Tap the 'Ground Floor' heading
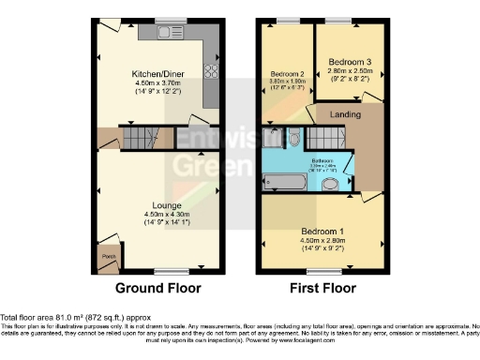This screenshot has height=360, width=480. pos(156,288)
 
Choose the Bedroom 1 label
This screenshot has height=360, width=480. pos(322,230)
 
